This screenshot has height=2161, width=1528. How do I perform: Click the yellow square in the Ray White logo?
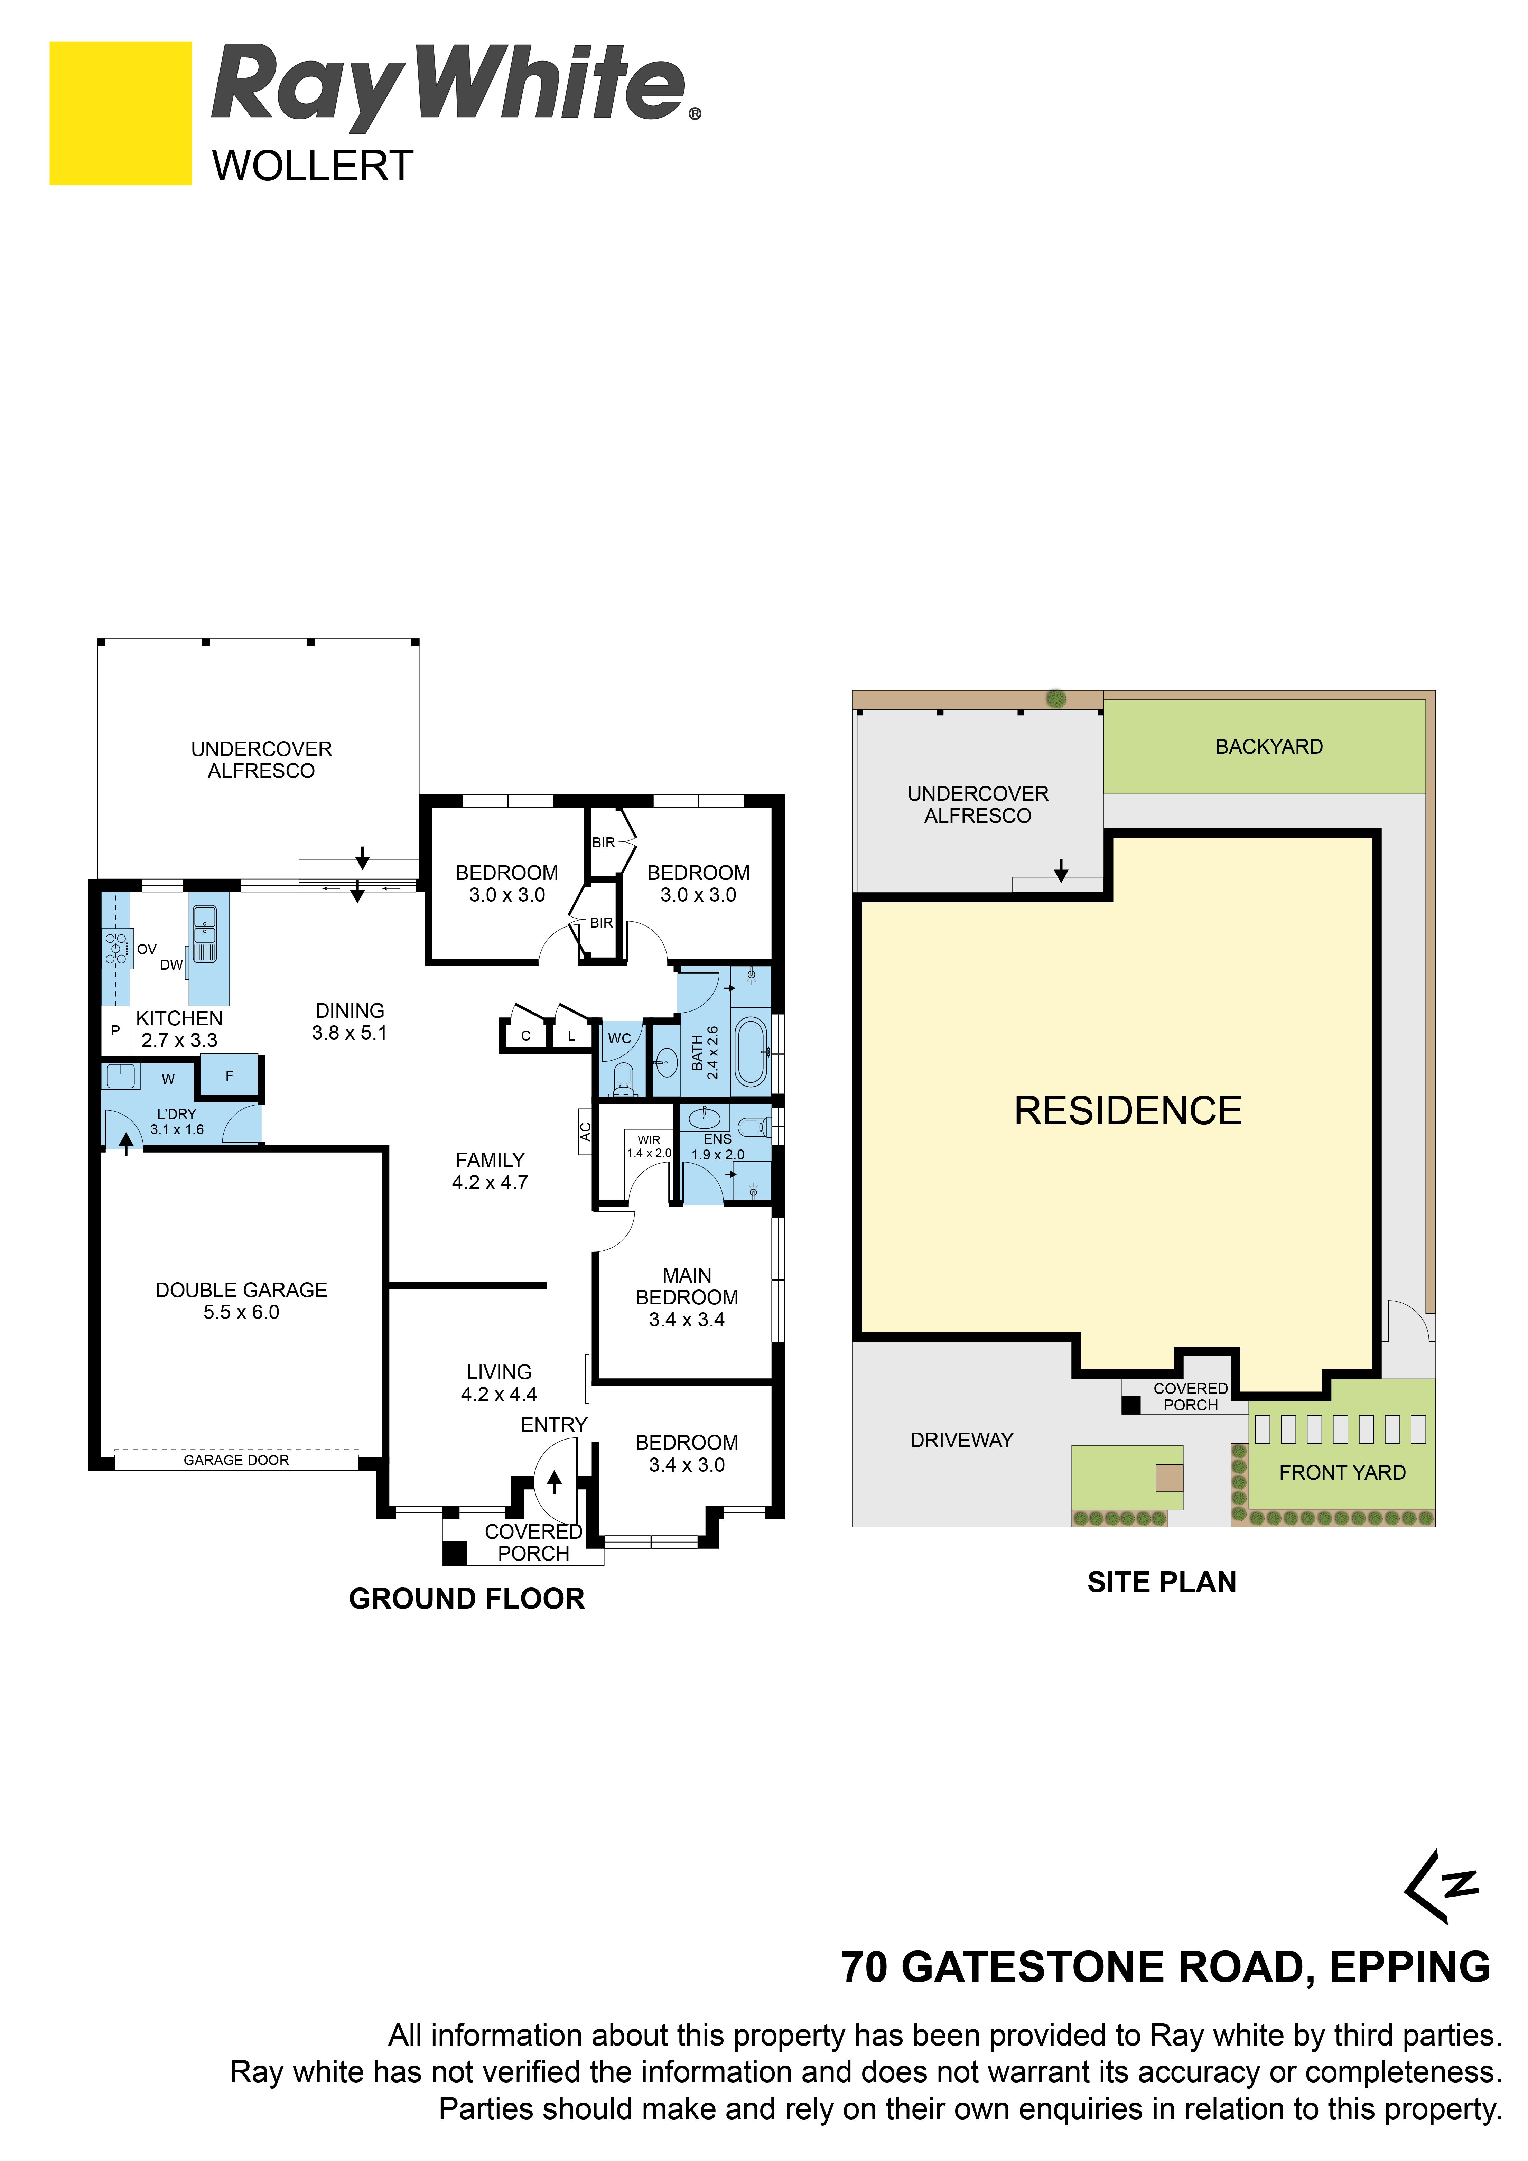pyautogui.click(x=121, y=113)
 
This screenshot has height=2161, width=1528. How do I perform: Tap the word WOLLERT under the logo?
pyautogui.click(x=313, y=167)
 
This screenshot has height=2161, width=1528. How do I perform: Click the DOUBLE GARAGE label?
pyautogui.click(x=241, y=1289)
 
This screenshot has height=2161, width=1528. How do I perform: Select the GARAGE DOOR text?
pyautogui.click(x=236, y=1460)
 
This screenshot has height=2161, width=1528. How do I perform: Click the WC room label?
pyautogui.click(x=619, y=1038)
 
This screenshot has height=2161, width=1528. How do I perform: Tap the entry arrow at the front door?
pyautogui.click(x=555, y=1482)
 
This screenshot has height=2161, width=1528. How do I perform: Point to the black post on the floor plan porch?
pyautogui.click(x=455, y=1552)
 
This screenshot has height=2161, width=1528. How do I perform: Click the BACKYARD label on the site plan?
pyautogui.click(x=1269, y=746)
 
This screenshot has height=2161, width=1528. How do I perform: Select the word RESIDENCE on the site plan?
pyautogui.click(x=1128, y=1111)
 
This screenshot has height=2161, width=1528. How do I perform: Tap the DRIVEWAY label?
pyautogui.click(x=961, y=1440)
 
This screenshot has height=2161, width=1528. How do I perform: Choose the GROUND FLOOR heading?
pyautogui.click(x=467, y=1598)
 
